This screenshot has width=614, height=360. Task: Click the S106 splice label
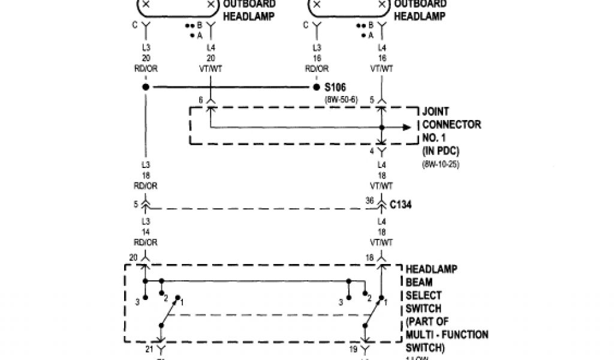336,88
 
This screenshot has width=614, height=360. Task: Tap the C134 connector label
401,205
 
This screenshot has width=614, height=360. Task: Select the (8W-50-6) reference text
341,98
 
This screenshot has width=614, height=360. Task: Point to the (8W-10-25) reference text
441,163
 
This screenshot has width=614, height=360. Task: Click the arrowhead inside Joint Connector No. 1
407,127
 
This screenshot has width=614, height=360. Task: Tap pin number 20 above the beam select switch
133,257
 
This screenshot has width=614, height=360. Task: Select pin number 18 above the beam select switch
370,257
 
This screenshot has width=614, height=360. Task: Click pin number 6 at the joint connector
201,100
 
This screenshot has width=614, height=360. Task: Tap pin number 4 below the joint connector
371,151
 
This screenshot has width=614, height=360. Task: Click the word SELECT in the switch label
423,295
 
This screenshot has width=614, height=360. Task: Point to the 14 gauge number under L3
146,234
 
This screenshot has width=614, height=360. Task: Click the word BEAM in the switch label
419,282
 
